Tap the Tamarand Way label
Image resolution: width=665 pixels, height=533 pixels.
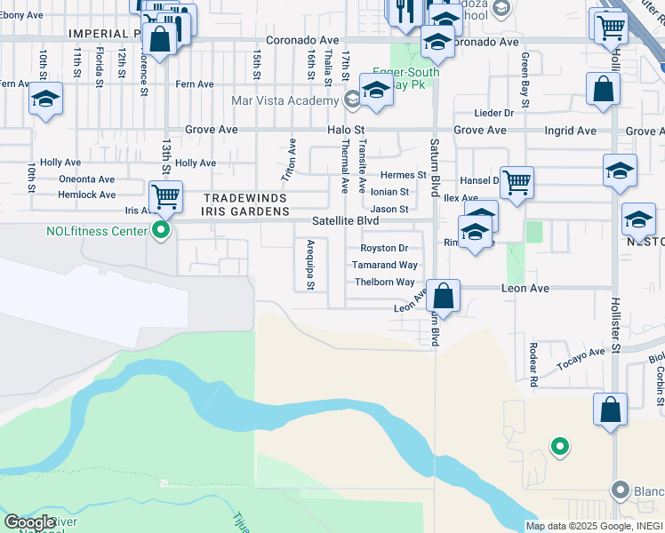pyautogui.click(x=384, y=265)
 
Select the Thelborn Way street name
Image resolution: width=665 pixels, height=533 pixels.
pyautogui.click(x=384, y=282)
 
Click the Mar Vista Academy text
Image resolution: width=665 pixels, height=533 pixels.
pyautogui.click(x=284, y=100)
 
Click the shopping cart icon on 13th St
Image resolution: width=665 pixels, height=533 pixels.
pyautogui.click(x=165, y=196)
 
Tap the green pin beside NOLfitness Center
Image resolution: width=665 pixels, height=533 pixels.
pyautogui.click(x=161, y=232)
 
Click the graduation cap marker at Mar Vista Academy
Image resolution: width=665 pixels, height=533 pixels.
pyautogui.click(x=376, y=91)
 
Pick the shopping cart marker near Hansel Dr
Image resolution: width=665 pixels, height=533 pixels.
pyautogui.click(x=517, y=182)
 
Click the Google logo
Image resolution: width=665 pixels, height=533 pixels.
pyautogui.click(x=30, y=522)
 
